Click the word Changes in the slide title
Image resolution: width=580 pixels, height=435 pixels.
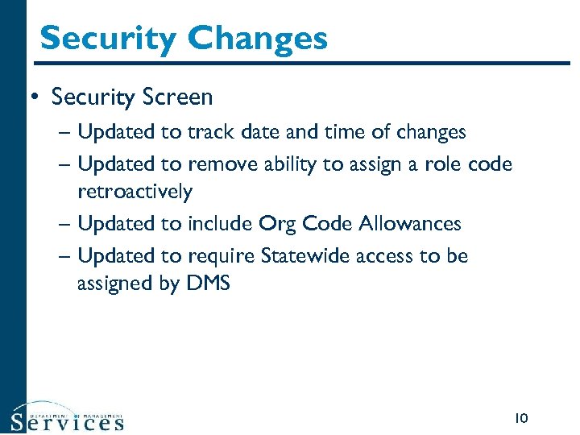coord(259,38)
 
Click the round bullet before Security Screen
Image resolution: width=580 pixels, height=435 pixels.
coord(34,97)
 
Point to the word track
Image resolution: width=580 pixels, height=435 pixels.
coord(208,131)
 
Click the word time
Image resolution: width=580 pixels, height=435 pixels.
coord(340,131)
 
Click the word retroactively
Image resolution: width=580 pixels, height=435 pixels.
coord(135,192)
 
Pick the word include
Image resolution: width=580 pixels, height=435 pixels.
coord(222,223)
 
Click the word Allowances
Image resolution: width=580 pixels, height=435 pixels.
coord(409,223)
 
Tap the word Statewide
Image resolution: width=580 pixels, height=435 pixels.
coord(302,255)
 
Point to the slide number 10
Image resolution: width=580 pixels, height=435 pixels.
coord(520,417)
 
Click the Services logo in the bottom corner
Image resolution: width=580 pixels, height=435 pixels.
coord(68,417)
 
